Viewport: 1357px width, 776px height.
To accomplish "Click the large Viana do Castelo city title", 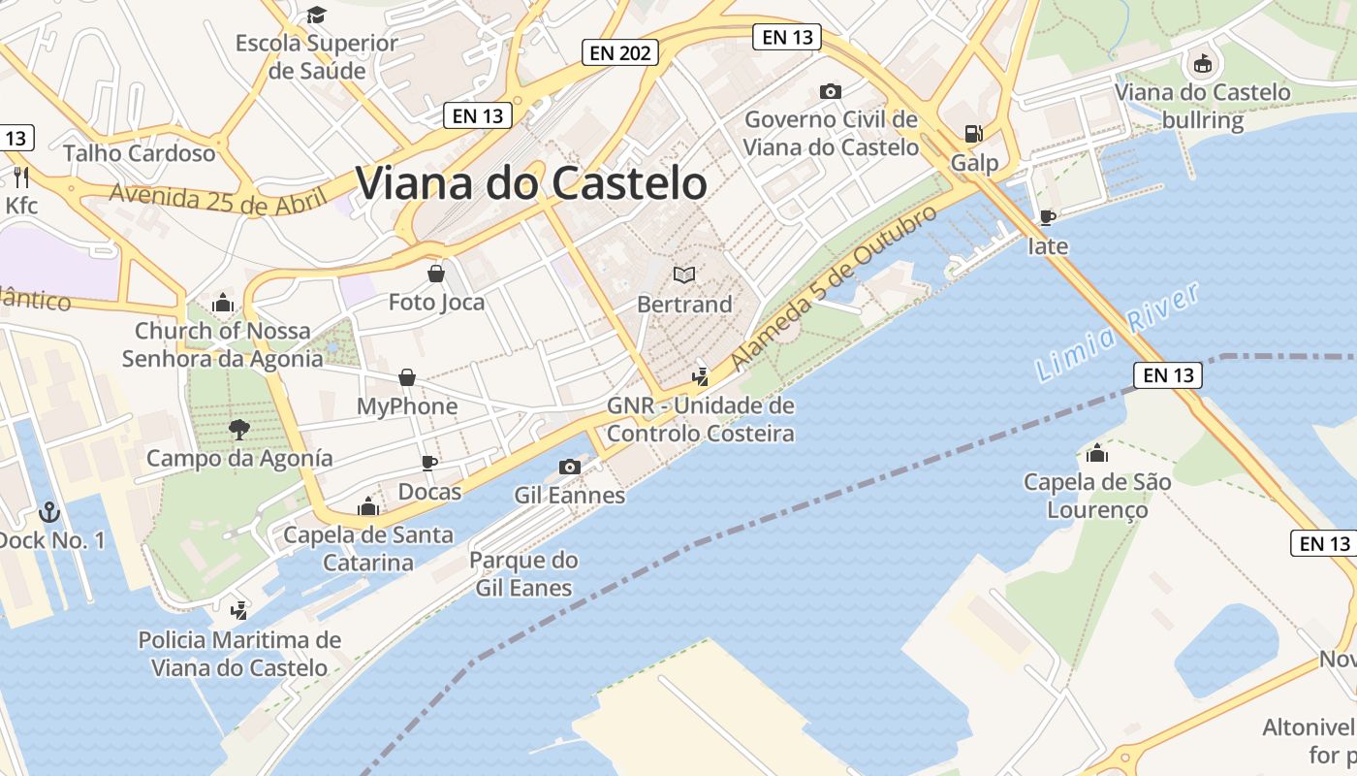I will [x=531, y=183].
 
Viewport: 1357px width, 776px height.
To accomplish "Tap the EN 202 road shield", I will [x=620, y=52].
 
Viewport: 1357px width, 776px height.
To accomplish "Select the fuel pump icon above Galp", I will [x=971, y=134].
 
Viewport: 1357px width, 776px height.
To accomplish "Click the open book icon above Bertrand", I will [x=684, y=275].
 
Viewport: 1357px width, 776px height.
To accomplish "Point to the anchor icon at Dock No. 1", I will [x=48, y=511].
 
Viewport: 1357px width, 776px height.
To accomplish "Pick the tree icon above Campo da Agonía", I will [x=238, y=429].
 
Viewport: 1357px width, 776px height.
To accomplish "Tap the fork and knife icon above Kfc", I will [x=21, y=177].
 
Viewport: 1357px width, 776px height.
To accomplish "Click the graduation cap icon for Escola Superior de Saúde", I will [x=316, y=15].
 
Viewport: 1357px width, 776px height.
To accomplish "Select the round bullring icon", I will [x=1202, y=64].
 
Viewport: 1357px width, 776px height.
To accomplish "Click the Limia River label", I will [x=1118, y=332].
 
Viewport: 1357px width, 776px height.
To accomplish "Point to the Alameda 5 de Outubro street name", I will [x=835, y=287].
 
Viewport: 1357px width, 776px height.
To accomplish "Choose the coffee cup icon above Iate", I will [x=1047, y=217].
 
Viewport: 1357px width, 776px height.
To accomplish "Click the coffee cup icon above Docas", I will [x=429, y=463].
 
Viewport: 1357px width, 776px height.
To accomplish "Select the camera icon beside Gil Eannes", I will [x=570, y=468].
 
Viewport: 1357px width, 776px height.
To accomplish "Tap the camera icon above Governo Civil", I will [x=830, y=91].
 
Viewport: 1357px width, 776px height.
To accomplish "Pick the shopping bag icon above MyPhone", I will [x=407, y=377].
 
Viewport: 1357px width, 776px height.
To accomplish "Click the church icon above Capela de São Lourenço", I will [x=1097, y=453].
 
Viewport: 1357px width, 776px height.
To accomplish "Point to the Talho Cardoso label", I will [x=140, y=153].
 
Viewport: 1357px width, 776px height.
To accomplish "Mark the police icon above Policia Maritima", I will [x=238, y=610].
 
